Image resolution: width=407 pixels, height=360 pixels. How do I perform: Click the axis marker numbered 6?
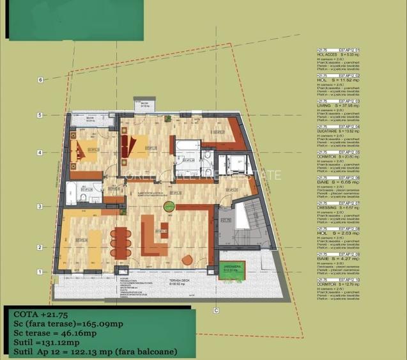40,80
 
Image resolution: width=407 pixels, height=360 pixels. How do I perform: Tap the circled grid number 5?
40,116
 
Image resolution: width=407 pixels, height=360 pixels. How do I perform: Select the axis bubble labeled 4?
40,153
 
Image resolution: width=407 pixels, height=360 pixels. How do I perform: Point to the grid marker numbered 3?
40,207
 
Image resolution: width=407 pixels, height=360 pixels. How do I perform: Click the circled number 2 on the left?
40,247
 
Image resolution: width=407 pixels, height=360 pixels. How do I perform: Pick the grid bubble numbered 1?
40,272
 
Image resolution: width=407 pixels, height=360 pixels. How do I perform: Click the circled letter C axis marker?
217,311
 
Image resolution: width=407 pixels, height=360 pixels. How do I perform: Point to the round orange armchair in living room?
188,259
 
